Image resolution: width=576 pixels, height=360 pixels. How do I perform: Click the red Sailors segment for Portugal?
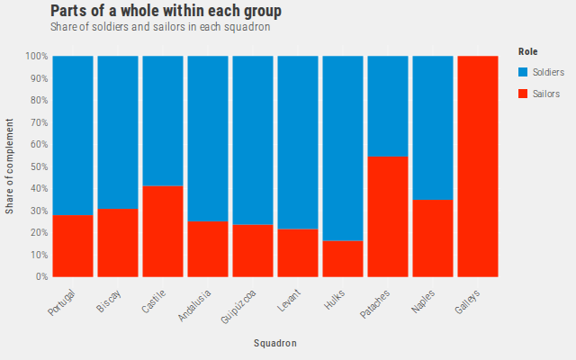pos(73,246)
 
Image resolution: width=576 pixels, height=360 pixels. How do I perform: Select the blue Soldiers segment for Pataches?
pos(388,106)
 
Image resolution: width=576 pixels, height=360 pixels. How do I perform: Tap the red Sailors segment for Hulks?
pos(343,258)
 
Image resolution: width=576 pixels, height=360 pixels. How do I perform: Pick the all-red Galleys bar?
pos(478,166)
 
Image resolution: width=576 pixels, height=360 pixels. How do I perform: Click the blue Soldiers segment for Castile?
pos(163,121)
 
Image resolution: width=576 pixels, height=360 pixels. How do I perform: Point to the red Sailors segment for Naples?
pos(433,238)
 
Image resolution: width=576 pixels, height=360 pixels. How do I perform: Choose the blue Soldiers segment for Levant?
pos(298,142)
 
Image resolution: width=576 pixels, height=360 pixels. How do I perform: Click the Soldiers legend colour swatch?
pos(523,72)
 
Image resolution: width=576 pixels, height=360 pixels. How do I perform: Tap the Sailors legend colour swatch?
pos(523,94)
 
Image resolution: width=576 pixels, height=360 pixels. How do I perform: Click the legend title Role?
pos(528,51)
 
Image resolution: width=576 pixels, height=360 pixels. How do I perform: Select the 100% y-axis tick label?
pos(37,56)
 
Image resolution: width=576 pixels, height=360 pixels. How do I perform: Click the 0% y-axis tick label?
pos(42,276)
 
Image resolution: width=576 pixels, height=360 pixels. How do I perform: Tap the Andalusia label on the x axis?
pos(194,305)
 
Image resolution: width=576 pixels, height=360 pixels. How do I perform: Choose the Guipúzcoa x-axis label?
pos(238,306)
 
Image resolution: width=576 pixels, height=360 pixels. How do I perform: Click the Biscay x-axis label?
pos(109,301)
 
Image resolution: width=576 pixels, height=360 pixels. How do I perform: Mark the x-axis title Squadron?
pos(275,343)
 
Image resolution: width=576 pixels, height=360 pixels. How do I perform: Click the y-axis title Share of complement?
pos(9,166)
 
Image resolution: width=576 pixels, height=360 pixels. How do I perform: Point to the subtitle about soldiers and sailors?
pos(160,27)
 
